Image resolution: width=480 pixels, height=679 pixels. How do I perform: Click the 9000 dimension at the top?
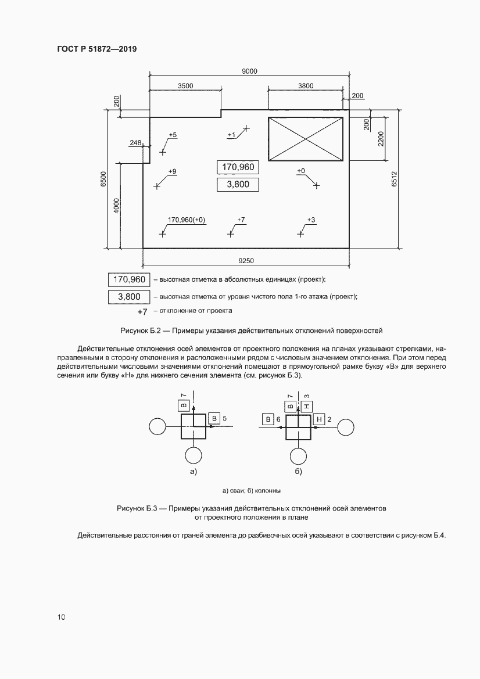pos(250,71)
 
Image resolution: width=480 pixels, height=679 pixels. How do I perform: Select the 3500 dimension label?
pos(185,85)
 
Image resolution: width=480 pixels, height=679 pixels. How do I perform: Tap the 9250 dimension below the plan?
pos(246,261)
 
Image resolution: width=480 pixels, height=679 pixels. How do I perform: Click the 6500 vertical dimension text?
pos(103,178)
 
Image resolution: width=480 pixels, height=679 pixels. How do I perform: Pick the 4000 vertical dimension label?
pos(116,206)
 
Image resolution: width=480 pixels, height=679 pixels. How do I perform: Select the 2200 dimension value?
pos(381,138)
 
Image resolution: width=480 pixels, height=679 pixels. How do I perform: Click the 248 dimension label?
pos(136,142)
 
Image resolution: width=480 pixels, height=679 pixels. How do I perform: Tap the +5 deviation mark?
pos(173,135)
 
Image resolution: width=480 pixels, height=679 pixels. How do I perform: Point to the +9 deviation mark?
pos(172,171)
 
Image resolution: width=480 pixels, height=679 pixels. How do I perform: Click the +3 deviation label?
pos(311,220)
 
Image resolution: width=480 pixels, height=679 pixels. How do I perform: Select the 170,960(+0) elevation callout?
pos(187,220)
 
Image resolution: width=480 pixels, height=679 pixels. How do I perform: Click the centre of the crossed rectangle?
pos(305,139)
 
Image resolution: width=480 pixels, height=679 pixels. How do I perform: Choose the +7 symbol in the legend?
pos(142,312)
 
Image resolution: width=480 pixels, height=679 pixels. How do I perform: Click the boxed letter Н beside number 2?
pos(320,419)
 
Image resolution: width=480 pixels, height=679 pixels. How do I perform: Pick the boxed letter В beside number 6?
pos(268,419)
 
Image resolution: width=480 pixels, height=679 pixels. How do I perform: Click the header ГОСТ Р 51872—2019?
pos(97,49)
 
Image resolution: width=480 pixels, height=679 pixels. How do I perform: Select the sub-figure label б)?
pos(298,471)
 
